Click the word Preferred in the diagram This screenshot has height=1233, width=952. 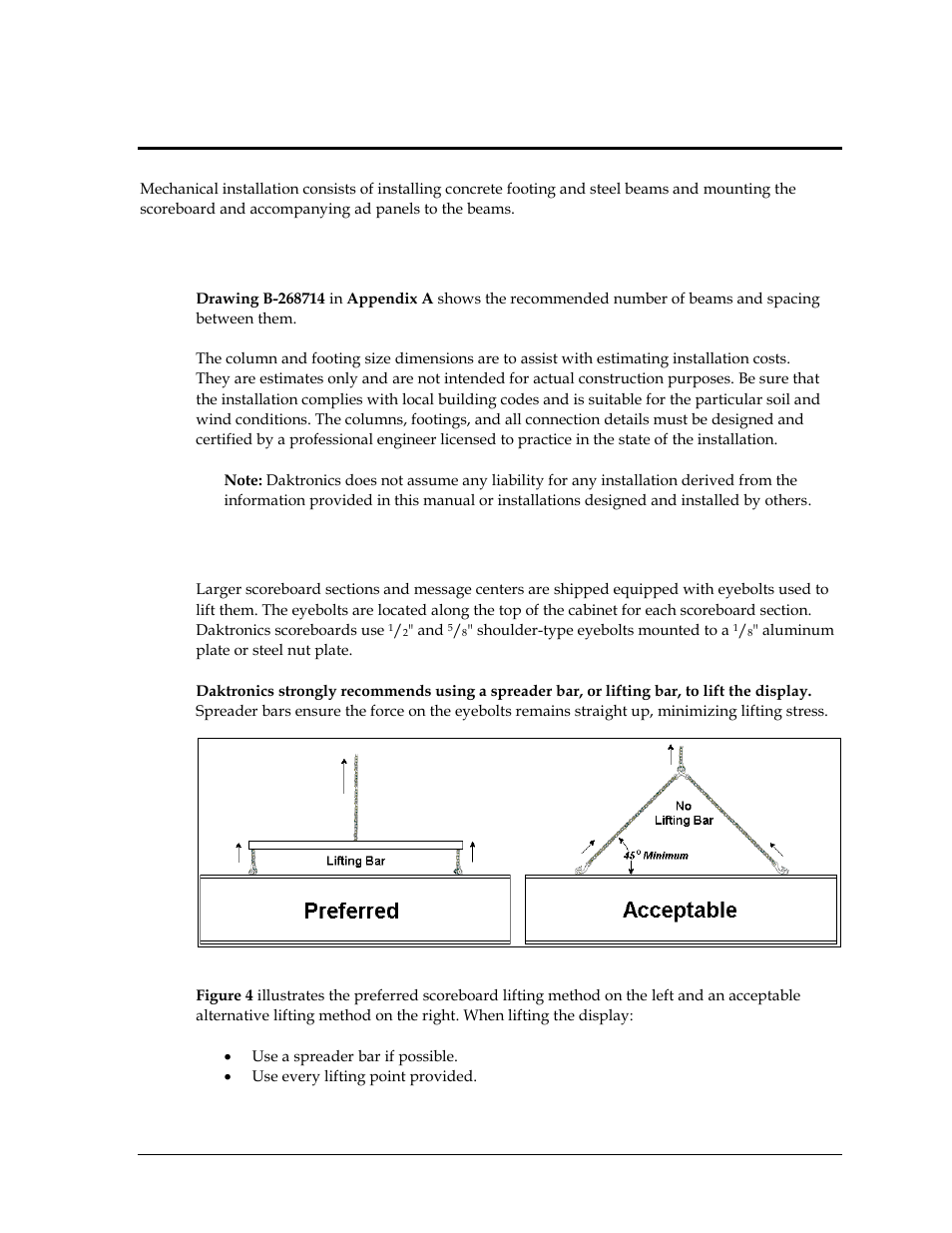(x=351, y=911)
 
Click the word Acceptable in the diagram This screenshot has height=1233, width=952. (x=680, y=910)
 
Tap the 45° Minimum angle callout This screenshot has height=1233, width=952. (x=656, y=855)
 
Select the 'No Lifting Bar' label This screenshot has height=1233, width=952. (x=684, y=813)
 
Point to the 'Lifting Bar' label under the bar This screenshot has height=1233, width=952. (x=355, y=861)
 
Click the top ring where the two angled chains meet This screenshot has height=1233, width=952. (x=680, y=770)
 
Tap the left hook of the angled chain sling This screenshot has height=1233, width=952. (x=580, y=871)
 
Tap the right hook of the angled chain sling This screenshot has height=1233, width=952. (x=783, y=870)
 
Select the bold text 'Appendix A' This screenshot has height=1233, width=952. (x=390, y=299)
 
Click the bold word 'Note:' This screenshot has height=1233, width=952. (x=242, y=480)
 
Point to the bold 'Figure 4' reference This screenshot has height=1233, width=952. (x=225, y=995)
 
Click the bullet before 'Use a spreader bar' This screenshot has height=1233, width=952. (x=230, y=1056)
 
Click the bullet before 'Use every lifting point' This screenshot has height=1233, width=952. (x=230, y=1076)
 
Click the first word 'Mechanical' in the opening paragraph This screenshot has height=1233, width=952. (x=176, y=189)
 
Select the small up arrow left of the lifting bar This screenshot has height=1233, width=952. (x=238, y=852)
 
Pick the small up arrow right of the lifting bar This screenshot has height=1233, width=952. (x=472, y=852)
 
